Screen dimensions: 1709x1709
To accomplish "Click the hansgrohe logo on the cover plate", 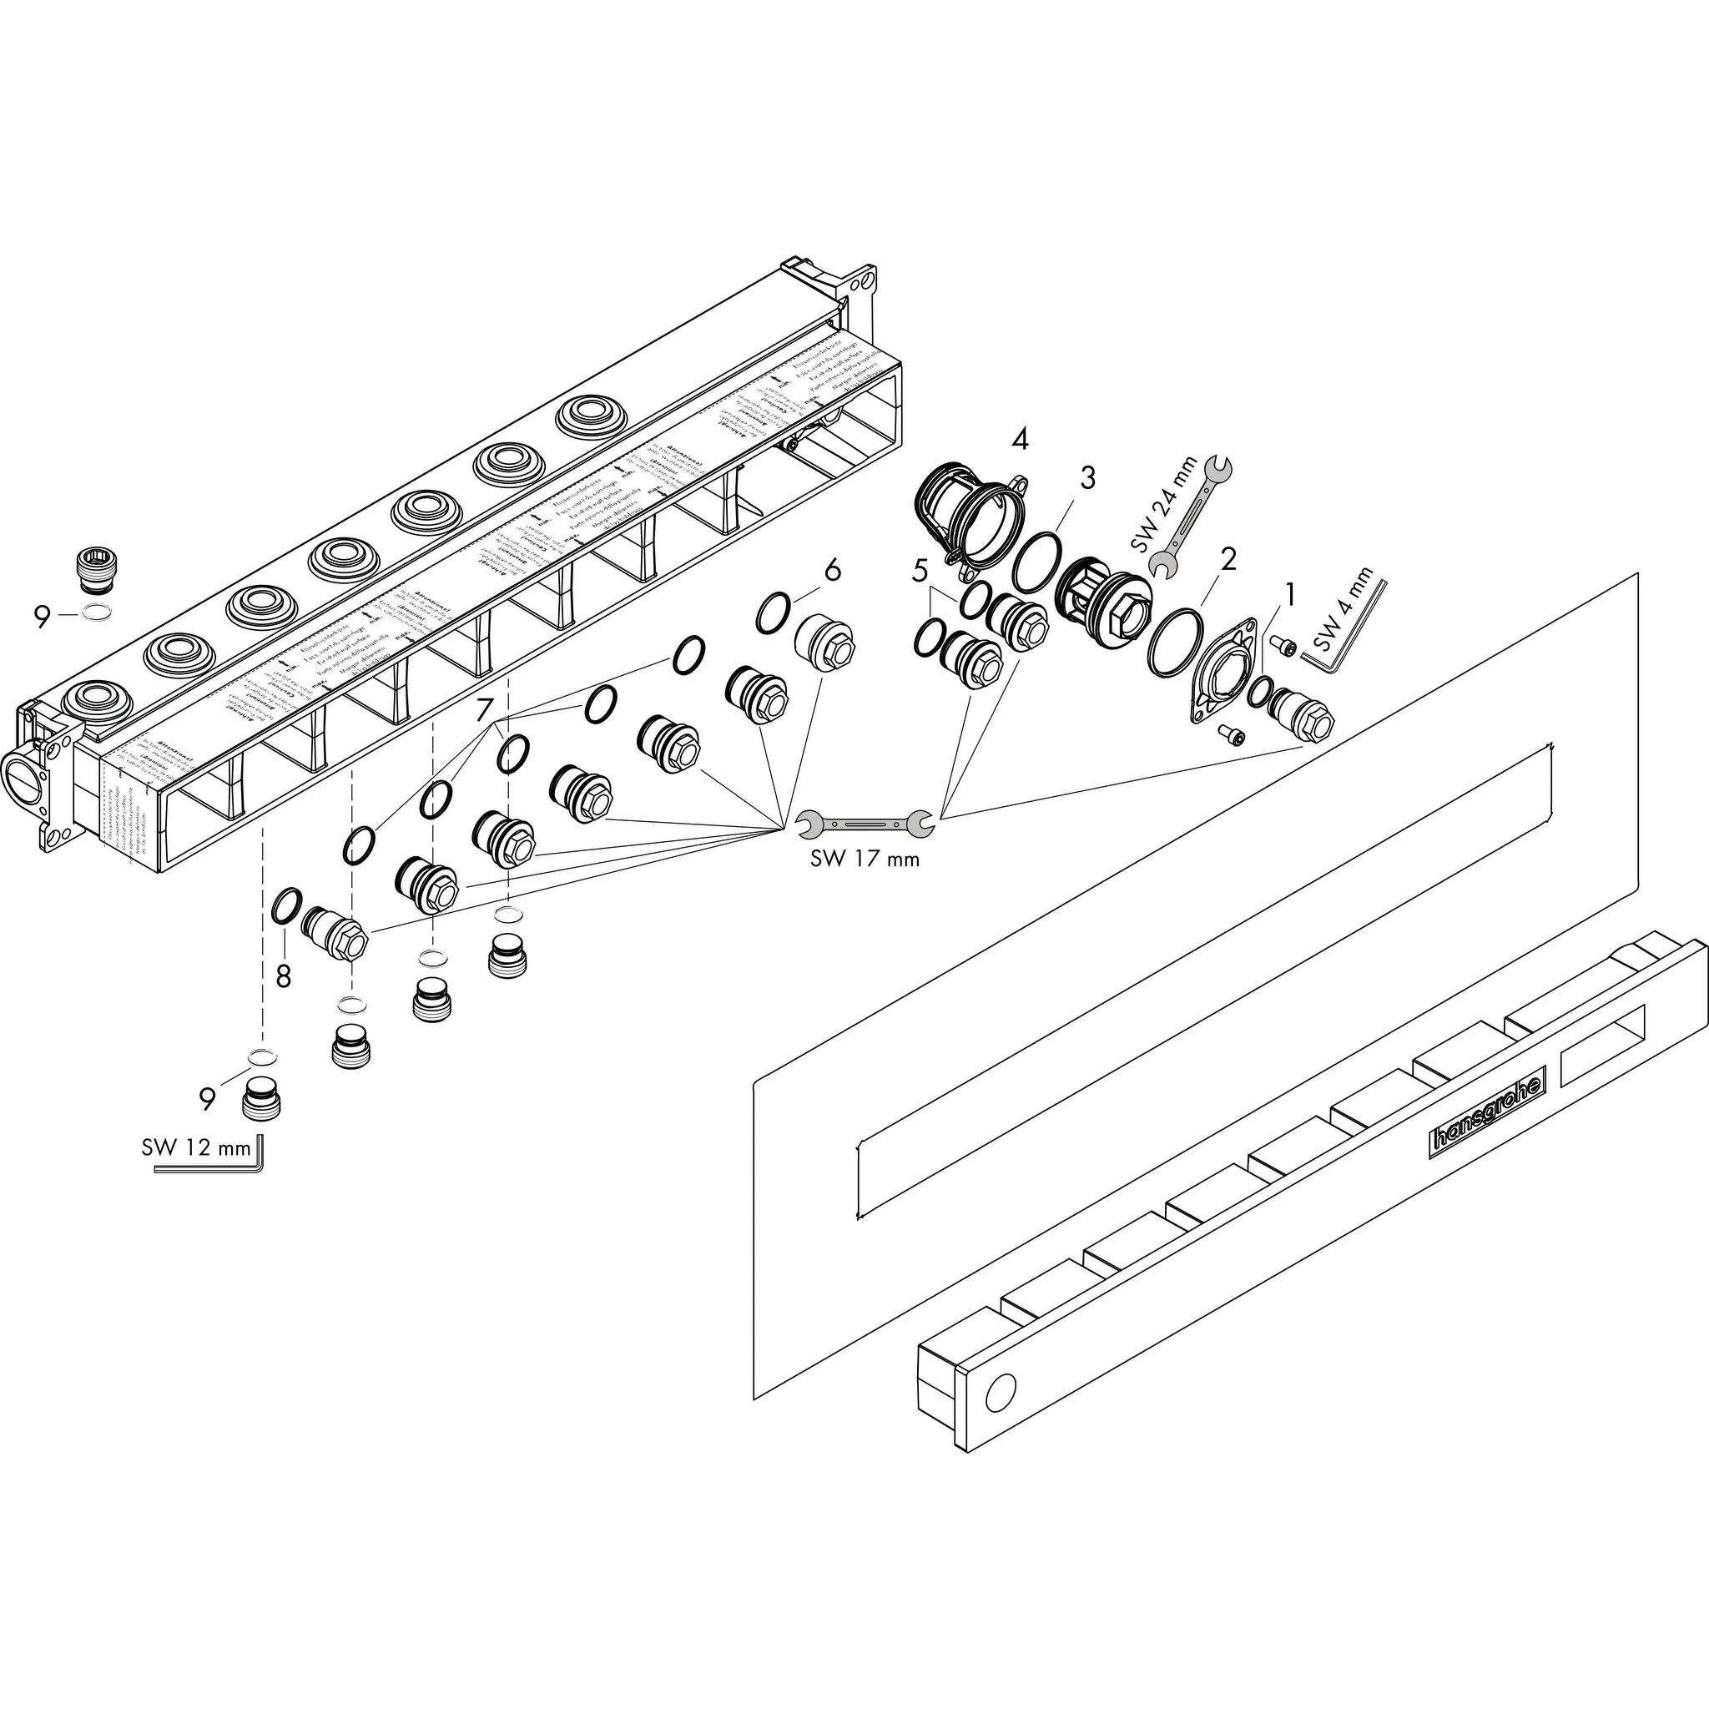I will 1488,1110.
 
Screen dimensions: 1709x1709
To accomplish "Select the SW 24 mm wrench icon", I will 1189,519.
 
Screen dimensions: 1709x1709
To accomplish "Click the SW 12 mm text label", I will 195,1148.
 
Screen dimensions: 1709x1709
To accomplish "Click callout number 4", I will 1020,439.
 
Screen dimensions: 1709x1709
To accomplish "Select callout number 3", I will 1086,477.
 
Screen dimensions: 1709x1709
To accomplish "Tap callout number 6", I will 832,572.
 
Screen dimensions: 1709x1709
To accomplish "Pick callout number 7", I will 484,709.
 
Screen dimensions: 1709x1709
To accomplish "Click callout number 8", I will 283,975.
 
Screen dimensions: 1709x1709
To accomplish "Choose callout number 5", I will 920,572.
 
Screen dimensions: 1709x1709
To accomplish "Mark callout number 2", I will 1228,559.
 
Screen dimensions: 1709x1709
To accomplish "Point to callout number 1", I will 1290,594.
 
